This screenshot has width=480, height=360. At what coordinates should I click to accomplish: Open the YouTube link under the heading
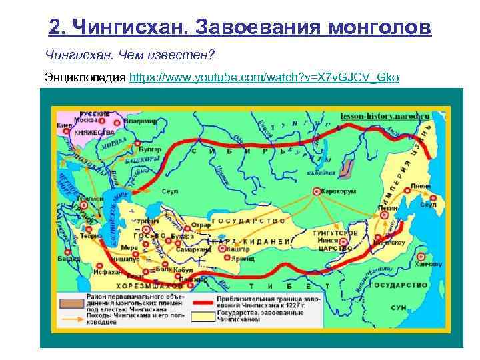tap(265, 77)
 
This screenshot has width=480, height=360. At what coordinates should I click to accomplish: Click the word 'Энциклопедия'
tap(85, 77)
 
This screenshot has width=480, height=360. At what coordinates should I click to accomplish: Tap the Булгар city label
tap(149, 151)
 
